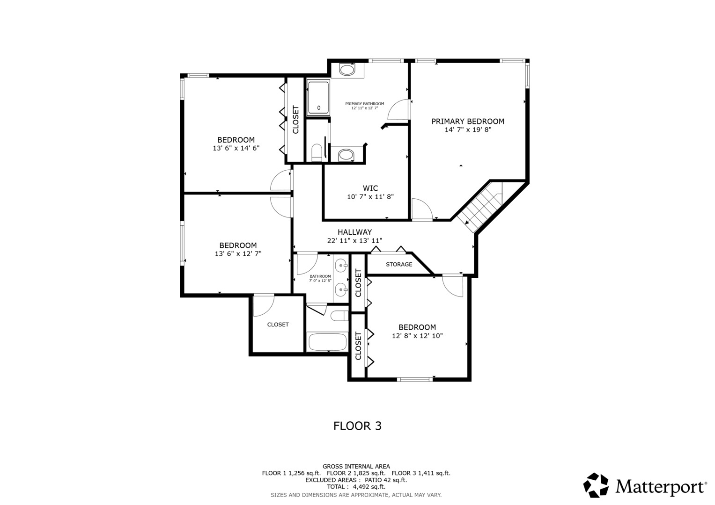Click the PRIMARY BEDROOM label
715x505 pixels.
pos(467,122)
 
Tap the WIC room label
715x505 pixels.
pos(370,188)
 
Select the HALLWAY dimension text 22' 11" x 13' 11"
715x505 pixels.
pos(354,240)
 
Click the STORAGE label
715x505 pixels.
pos(399,265)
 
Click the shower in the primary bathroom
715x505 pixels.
pos(318,98)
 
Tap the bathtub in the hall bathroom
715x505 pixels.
pos(327,342)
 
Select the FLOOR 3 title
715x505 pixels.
pos(357,426)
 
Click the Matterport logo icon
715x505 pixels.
pos(596,485)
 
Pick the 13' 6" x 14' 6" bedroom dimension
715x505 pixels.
pos(236,148)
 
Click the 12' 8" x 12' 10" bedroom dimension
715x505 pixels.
pos(417,336)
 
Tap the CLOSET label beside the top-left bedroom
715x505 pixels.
pos(295,120)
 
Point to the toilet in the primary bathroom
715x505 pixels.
pos(317,153)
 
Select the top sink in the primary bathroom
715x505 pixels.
pos(347,71)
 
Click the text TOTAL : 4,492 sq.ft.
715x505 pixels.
pos(356,487)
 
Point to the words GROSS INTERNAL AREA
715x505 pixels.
pos(356,466)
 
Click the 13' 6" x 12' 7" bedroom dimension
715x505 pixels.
pos(238,254)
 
